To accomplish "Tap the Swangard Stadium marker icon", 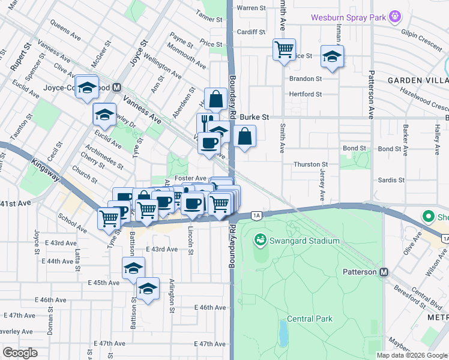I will [x=260, y=240].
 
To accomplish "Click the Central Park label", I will [x=309, y=319].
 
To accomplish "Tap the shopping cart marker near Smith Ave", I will [x=284, y=49].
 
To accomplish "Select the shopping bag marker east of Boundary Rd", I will [x=244, y=136].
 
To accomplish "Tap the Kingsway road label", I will [x=46, y=164].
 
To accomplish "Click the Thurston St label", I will [x=310, y=164].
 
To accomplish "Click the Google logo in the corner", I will [x=20, y=353].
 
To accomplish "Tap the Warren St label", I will [x=252, y=8].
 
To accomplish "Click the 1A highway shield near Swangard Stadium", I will [x=256, y=215].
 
